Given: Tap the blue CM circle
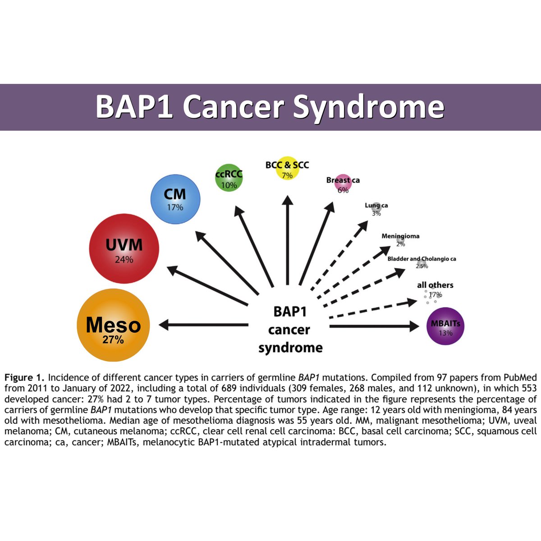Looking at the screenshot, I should pos(175,199).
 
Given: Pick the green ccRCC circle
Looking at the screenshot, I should pos(229,178).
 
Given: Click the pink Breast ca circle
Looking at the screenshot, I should pos(343,184).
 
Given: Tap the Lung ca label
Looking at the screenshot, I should pos(376,206).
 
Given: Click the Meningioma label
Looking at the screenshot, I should pos(400,236).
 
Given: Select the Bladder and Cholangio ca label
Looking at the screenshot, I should pos(422,259).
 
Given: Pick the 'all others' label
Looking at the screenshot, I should pos(435,285).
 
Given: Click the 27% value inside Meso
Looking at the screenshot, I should pos(113,340).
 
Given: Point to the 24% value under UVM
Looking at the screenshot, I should pos(124,260).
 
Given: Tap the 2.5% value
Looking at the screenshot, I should pos(422,266).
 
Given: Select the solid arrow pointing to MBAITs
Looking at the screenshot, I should pos(374,326).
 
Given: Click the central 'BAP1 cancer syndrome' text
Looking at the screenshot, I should pos(290,330).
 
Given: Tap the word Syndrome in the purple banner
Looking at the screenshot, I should pos(368,107).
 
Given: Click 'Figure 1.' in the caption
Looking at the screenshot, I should pos(24,377).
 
